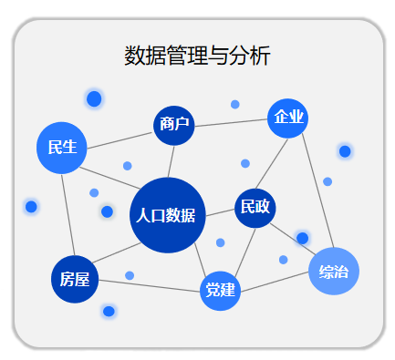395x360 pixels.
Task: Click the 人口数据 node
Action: pyautogui.click(x=167, y=216)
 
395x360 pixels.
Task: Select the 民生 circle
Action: pyautogui.click(x=62, y=147)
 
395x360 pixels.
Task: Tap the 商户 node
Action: pyautogui.click(x=174, y=124)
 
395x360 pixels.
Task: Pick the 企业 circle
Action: pyautogui.click(x=288, y=118)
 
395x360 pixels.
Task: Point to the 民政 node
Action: pyautogui.click(x=255, y=207)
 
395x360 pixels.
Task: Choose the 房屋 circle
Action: pyautogui.click(x=74, y=279)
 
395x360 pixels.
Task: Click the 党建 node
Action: pyautogui.click(x=221, y=291)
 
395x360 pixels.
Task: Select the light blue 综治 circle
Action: pyautogui.click(x=333, y=271)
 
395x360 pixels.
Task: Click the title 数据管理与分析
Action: pyautogui.click(x=197, y=57)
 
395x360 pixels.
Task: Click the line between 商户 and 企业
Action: pyautogui.click(x=232, y=121)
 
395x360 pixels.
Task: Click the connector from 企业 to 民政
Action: pyautogui.click(x=271, y=163)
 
